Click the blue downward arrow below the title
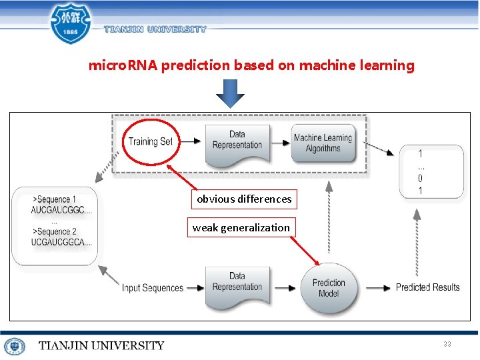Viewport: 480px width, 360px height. [x=230, y=93]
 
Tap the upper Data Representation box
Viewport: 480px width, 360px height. [x=237, y=141]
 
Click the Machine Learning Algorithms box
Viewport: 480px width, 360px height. [x=323, y=143]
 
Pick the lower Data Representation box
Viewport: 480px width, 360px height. [x=237, y=283]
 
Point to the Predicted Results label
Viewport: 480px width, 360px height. [x=427, y=287]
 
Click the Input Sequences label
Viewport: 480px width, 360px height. [x=152, y=288]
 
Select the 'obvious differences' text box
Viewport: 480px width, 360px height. [x=244, y=199]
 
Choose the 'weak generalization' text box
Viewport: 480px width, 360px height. [x=241, y=227]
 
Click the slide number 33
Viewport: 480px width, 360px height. [x=447, y=344]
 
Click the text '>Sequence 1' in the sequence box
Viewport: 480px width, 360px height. [x=55, y=199]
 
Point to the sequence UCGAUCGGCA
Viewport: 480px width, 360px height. [x=61, y=242]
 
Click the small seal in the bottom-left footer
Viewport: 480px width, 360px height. [x=14, y=346]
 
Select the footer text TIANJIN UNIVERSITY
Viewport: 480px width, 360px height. [x=101, y=345]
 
